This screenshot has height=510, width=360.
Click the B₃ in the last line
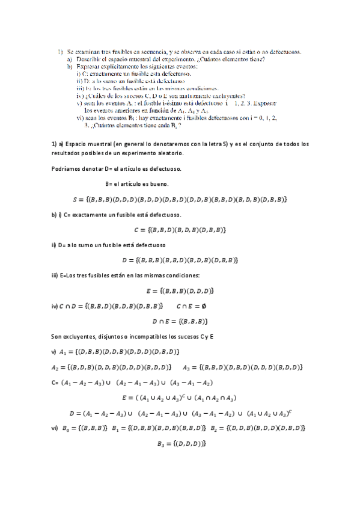[160, 443]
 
